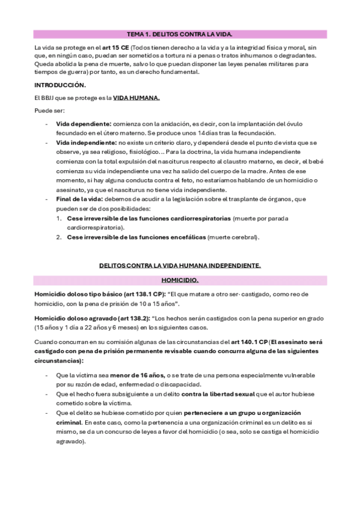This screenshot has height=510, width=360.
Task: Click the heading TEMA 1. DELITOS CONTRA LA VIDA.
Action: (x=180, y=35)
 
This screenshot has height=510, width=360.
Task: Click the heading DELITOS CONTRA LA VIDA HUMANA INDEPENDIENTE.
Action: (x=180, y=265)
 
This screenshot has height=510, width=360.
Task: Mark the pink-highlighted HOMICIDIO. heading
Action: (x=180, y=280)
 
